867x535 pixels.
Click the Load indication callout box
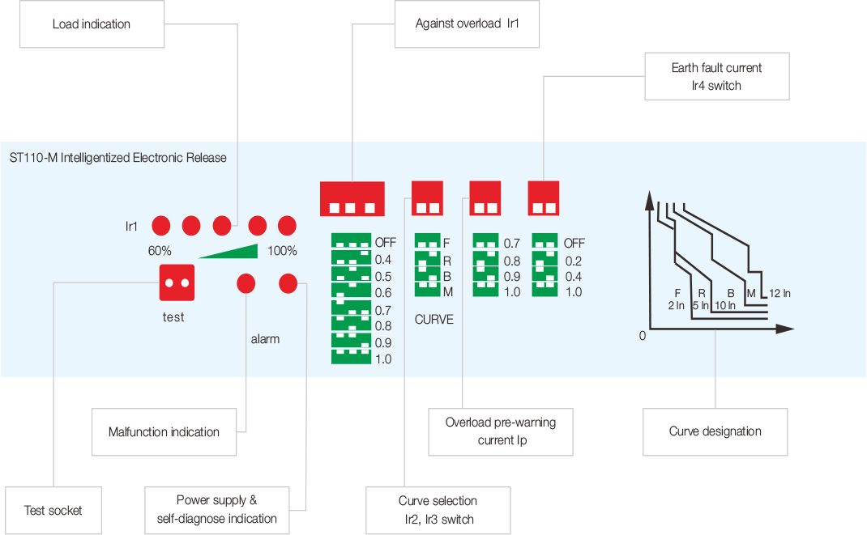92,24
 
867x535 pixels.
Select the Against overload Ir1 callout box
467,24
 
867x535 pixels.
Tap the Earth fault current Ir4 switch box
717,77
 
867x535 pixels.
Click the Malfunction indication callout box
164,431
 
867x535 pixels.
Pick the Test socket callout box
53,510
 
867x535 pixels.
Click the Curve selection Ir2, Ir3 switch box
438,510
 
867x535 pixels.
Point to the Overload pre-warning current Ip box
501,431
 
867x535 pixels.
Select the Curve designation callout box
715,431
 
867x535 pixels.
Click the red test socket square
177,283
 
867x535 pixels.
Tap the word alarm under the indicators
265,339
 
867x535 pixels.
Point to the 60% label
160,251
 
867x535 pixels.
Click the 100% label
282,251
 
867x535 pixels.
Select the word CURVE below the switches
434,320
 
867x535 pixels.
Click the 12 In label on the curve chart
779,292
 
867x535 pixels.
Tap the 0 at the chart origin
643,335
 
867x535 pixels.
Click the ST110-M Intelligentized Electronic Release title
118,158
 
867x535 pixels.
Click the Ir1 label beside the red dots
131,226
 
